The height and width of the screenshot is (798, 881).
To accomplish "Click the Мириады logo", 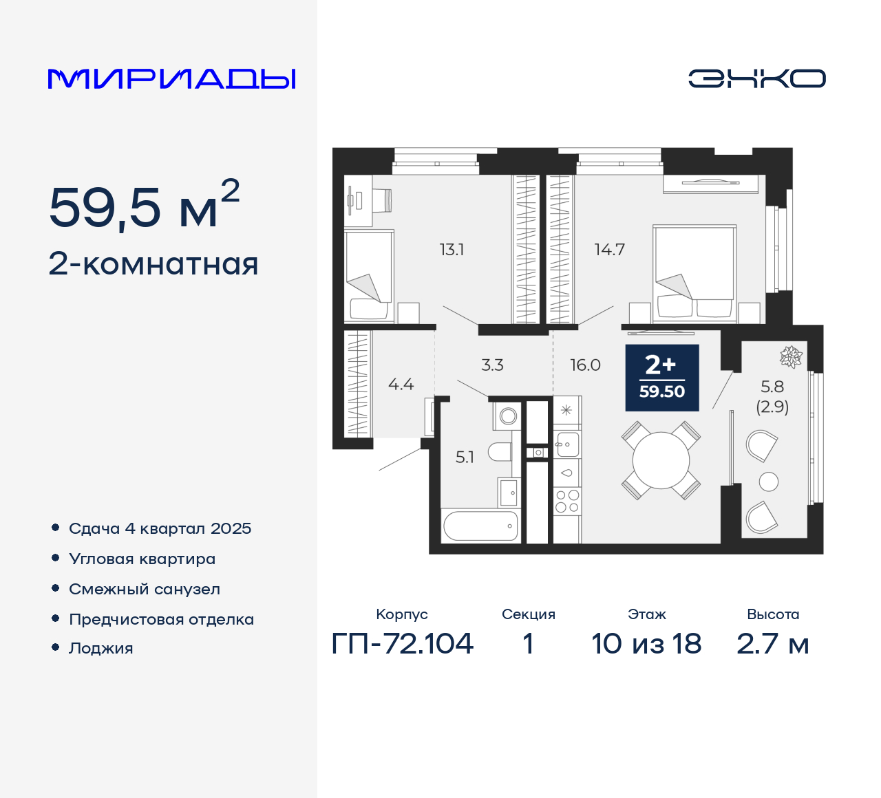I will [x=171, y=78].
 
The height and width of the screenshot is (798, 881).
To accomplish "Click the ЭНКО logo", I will [x=756, y=78].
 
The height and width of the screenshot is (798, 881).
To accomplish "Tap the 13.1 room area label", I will [x=452, y=250].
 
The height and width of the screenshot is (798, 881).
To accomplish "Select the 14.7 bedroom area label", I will [x=609, y=250].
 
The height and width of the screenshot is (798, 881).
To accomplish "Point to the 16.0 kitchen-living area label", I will [x=585, y=365].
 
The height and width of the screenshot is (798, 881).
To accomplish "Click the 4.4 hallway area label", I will [x=401, y=385].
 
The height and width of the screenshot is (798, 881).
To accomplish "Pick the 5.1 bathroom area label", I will [x=465, y=457].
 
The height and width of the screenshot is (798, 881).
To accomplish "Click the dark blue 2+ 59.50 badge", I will [x=661, y=378].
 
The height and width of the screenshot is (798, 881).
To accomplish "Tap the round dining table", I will [x=661, y=460].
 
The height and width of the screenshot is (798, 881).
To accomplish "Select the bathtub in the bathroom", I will [x=480, y=526].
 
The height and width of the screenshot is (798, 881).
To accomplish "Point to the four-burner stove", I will [x=567, y=502].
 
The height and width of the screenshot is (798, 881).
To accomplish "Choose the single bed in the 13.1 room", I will [x=369, y=275].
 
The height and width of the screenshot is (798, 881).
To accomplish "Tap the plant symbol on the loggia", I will [x=791, y=356].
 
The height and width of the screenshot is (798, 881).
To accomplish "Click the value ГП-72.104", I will [x=403, y=644].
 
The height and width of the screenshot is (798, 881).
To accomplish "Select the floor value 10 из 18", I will [x=646, y=644].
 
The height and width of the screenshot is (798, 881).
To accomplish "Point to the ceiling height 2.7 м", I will [x=772, y=644].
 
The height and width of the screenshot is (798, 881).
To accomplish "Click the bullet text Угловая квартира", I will [x=142, y=559].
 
